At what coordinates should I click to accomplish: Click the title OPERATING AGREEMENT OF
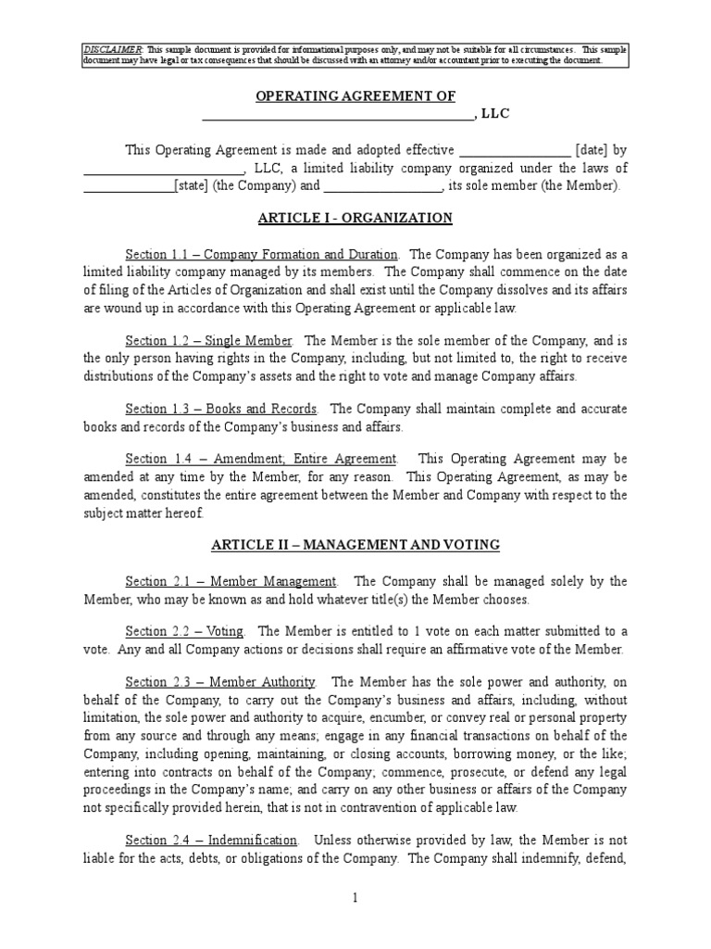click(x=355, y=96)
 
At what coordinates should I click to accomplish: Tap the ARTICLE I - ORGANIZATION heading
click(x=355, y=219)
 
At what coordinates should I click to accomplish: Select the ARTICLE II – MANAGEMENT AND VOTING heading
click(x=355, y=545)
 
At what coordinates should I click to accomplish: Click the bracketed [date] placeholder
click(x=591, y=150)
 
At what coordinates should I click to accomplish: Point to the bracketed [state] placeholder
click(x=192, y=185)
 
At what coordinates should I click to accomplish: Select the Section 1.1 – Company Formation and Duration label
click(x=262, y=254)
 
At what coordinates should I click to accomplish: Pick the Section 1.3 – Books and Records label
click(x=221, y=408)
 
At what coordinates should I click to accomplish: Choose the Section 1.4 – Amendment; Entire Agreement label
click(x=261, y=459)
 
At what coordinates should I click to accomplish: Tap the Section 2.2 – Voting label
click(x=184, y=632)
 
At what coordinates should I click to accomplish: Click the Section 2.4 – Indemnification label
click(x=212, y=841)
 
